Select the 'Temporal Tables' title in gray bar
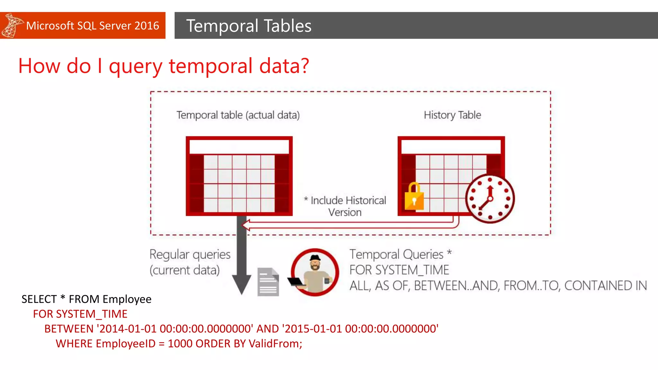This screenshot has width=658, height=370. click(x=249, y=26)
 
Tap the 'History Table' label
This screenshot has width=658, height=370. click(x=452, y=115)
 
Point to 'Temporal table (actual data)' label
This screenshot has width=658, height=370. click(x=238, y=115)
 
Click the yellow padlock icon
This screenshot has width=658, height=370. click(x=414, y=197)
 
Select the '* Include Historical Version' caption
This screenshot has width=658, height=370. click(x=346, y=206)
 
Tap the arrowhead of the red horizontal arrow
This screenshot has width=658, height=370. click(x=246, y=225)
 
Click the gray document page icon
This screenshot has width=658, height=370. click(x=268, y=282)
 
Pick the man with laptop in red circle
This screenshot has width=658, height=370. click(x=315, y=272)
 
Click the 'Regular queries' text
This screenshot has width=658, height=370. click(x=190, y=254)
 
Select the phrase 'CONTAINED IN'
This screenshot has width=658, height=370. click(x=605, y=286)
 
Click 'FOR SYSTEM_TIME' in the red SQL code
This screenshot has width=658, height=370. click(x=80, y=314)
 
